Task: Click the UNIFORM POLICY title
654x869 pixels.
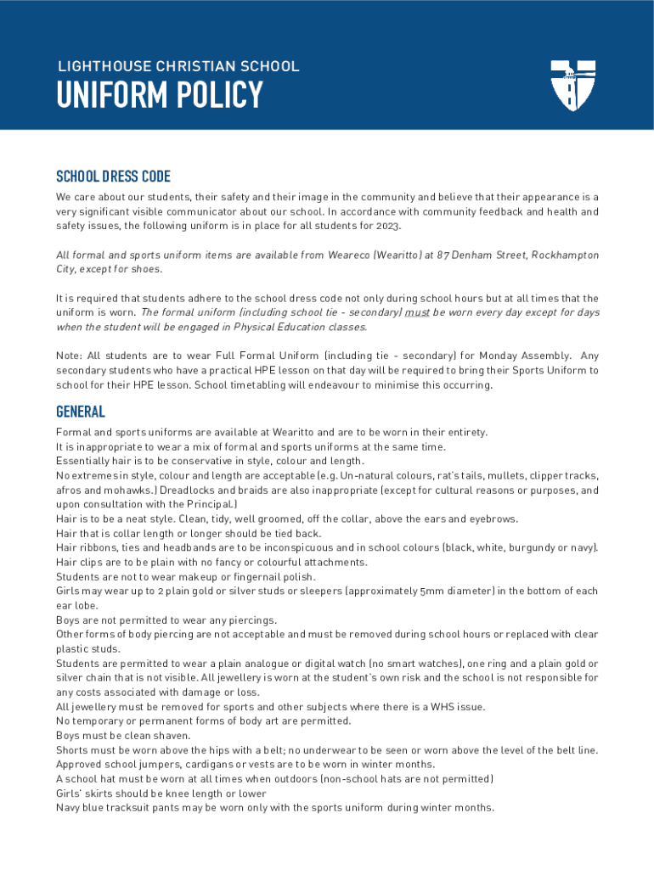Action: coord(160,96)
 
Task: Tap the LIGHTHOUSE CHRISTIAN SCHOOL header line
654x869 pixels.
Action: coord(178,66)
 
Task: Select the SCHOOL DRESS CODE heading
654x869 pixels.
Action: coord(113,177)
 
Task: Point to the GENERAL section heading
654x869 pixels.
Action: coord(81,412)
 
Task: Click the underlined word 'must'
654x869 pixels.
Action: coord(417,312)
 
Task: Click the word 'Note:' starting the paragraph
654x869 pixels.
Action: coord(70,356)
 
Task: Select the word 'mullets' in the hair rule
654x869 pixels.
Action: coord(493,476)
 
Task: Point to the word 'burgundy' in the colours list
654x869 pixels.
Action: coord(531,548)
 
